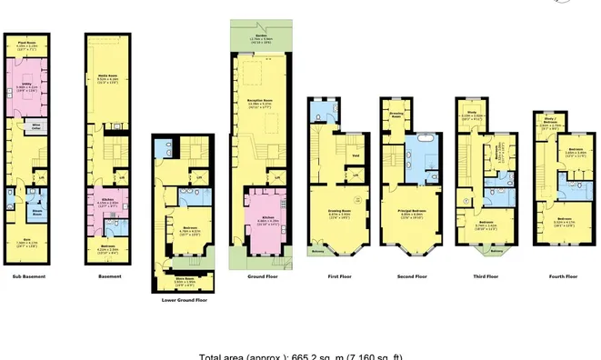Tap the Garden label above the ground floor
tap(261, 38)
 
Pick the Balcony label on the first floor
tap(318, 252)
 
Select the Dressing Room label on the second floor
tap(396, 116)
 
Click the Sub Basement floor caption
tap(31, 275)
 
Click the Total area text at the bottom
tap(300, 355)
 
